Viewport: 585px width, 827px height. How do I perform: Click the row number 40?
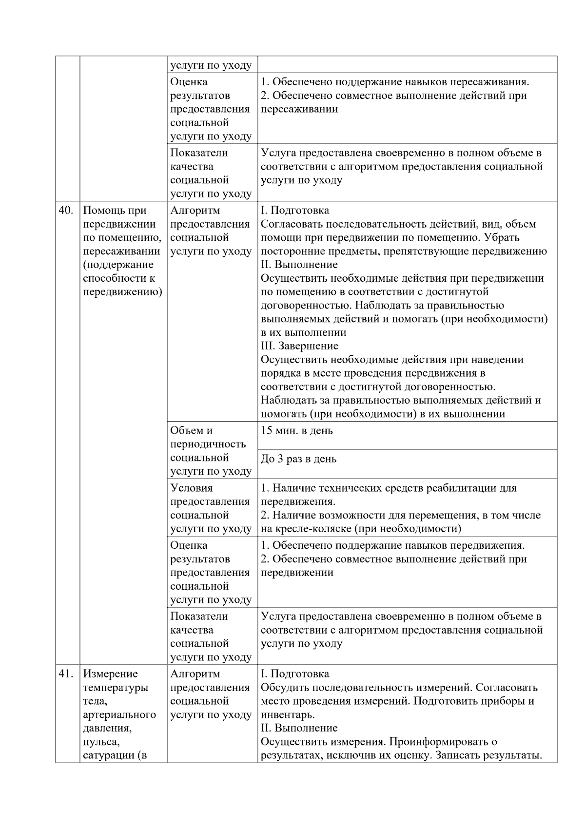coord(66,211)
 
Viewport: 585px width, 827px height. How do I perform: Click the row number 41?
coord(66,674)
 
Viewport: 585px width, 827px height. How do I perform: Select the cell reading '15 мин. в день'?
coord(297,431)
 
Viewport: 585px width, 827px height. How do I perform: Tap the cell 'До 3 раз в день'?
coord(298,459)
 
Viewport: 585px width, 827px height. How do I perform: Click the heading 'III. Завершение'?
coord(299,346)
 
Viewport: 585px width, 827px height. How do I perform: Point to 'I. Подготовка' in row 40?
coord(295,211)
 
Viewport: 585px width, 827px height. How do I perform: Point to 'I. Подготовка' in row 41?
coord(295,674)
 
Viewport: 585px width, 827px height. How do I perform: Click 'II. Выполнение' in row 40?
coord(299,265)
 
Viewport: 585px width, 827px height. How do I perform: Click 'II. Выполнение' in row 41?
coord(299,728)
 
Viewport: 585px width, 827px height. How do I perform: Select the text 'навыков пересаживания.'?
coord(476,82)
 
